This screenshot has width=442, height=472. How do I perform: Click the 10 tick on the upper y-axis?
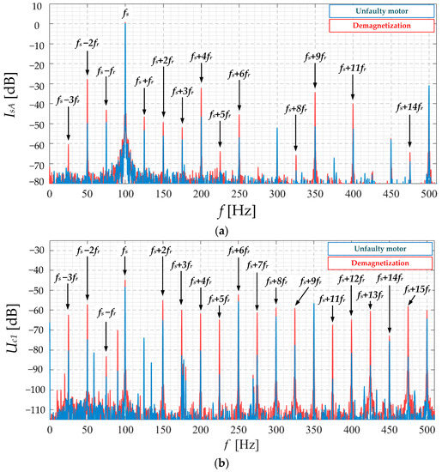(39, 6)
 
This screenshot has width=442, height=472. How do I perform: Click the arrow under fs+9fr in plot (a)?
(315, 75)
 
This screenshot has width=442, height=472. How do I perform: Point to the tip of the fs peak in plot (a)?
(125, 23)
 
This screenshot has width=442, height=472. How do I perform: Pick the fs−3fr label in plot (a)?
(69, 101)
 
